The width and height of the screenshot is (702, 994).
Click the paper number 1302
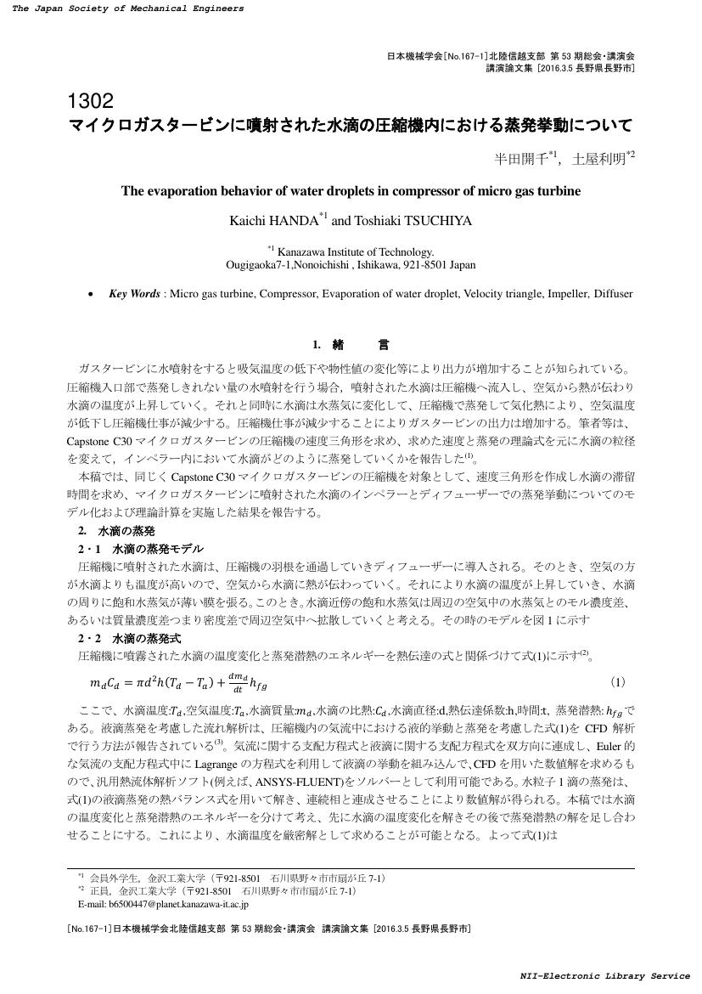coord(89,102)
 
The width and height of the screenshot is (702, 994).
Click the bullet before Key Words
coord(91,295)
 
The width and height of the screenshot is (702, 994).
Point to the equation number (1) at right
coord(618,682)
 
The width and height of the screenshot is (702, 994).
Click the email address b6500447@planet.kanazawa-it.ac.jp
coord(174,905)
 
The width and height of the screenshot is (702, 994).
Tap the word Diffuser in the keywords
coord(613,294)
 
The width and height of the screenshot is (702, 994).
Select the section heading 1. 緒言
coord(351,345)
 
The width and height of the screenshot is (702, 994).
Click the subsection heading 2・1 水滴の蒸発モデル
coord(141,549)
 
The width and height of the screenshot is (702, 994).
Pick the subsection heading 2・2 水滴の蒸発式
coord(129,638)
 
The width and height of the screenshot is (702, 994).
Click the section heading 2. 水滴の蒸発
coord(116,531)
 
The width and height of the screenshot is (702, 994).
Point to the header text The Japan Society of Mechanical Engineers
coord(127,8)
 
